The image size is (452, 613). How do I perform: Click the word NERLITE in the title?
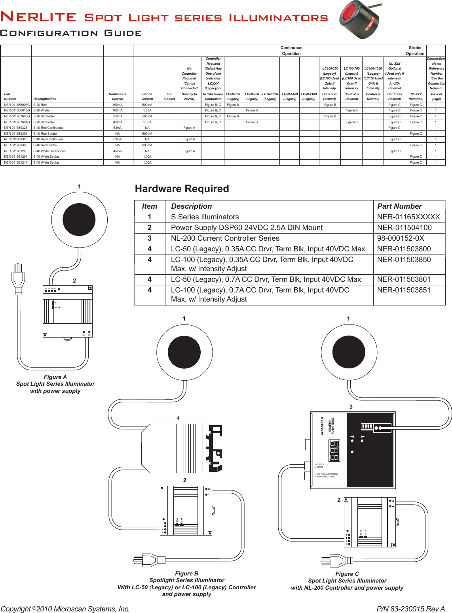click(x=38, y=17)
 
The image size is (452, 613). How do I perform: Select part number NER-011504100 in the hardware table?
click(x=404, y=228)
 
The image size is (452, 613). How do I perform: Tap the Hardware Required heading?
click(x=182, y=189)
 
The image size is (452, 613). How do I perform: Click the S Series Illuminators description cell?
click(x=205, y=217)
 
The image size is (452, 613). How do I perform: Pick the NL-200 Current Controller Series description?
click(x=225, y=238)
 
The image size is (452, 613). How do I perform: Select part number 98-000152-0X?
click(x=400, y=238)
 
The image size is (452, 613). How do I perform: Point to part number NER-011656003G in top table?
click(x=17, y=105)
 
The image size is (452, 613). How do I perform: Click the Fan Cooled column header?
click(x=169, y=96)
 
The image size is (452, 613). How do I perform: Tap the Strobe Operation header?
click(x=415, y=51)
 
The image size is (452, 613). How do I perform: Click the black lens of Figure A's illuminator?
click(x=79, y=219)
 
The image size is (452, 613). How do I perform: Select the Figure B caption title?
click(x=186, y=573)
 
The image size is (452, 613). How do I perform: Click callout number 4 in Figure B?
click(x=178, y=418)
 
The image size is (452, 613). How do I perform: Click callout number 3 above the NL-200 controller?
click(x=351, y=407)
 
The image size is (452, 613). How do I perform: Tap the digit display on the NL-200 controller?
click(x=334, y=451)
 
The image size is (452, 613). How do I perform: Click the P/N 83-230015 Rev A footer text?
click(x=410, y=609)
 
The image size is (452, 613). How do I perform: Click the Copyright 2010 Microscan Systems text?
click(x=65, y=609)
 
